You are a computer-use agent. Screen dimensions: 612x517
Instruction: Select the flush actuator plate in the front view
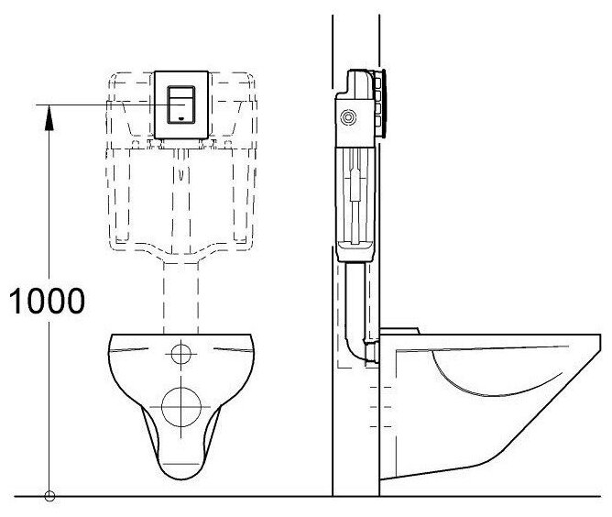tap(180, 104)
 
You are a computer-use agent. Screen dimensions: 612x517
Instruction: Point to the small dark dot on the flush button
tap(180, 118)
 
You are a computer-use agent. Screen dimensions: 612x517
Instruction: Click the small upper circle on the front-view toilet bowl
tap(181, 352)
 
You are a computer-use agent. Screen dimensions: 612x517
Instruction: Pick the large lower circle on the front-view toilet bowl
tap(180, 404)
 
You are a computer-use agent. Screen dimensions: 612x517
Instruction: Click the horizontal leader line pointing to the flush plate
tap(101, 105)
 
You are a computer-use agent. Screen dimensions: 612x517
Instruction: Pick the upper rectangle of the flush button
tap(180, 93)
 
